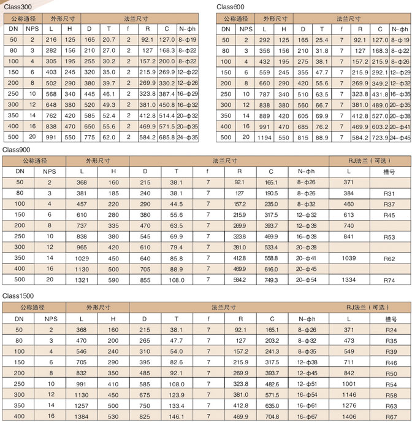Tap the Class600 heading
pyautogui.click(x=231, y=6)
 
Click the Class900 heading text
pyautogui.click(x=16, y=149)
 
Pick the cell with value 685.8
pyautogui.click(x=166, y=138)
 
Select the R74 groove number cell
pyautogui.click(x=389, y=280)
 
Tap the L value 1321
pyautogui.click(x=82, y=280)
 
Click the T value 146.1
pyautogui.click(x=176, y=416)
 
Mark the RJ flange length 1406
pyautogui.click(x=349, y=416)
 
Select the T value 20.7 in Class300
pyautogui.click(x=109, y=40)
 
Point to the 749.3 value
pyautogui.click(x=271, y=280)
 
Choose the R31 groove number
pyautogui.click(x=389, y=193)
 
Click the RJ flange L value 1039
pyautogui.click(x=349, y=259)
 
